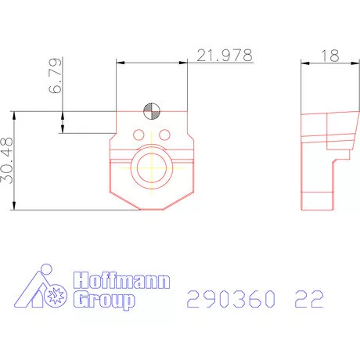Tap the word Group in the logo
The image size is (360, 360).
(104, 300)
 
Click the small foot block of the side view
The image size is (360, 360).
(319, 200)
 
